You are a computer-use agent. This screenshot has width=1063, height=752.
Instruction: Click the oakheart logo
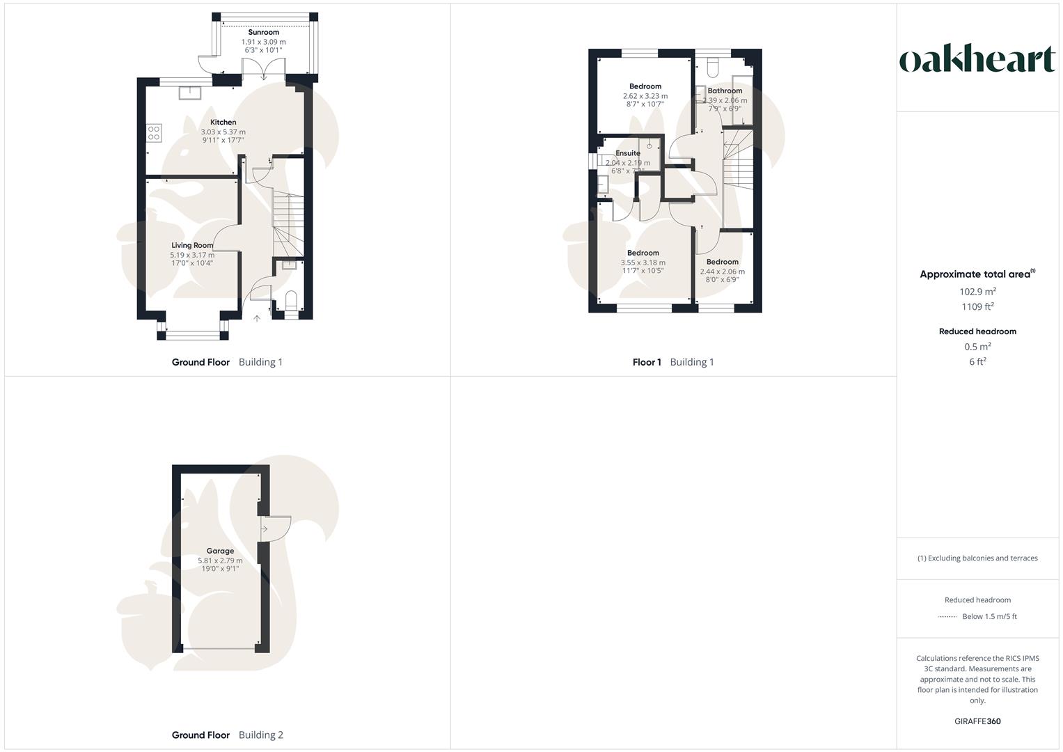coord(977,59)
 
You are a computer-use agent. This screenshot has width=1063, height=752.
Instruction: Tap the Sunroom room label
coord(263,32)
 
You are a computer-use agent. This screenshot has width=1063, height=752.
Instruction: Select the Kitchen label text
coord(223,122)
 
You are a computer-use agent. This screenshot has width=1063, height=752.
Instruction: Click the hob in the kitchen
coord(154,133)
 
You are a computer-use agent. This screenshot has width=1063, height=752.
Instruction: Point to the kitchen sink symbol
coord(189,92)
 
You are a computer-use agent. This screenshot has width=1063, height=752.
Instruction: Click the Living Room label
coord(192,245)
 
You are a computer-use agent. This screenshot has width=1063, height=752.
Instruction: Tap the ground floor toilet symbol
coord(291,302)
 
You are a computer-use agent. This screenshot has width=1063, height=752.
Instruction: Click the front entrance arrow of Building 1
coord(256,318)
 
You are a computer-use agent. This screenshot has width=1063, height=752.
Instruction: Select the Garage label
coord(220,551)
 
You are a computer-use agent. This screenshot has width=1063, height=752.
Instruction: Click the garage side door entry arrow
coord(265,529)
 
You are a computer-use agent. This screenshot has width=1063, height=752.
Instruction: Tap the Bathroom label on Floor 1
coord(725,91)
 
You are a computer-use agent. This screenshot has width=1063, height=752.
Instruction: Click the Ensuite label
coord(627,153)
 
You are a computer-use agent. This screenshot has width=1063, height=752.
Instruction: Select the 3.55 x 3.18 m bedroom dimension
coord(643,263)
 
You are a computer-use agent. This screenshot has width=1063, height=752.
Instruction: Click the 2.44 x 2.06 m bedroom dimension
coord(722,272)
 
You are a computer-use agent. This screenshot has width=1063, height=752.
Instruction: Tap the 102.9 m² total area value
coord(977,292)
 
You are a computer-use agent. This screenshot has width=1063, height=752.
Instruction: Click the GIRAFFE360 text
coord(977,721)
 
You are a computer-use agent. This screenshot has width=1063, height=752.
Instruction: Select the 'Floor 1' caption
coord(647,362)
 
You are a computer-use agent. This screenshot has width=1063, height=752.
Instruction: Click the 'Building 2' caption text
coord(260,735)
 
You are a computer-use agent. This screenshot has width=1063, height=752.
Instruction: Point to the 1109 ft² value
coord(977,306)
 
